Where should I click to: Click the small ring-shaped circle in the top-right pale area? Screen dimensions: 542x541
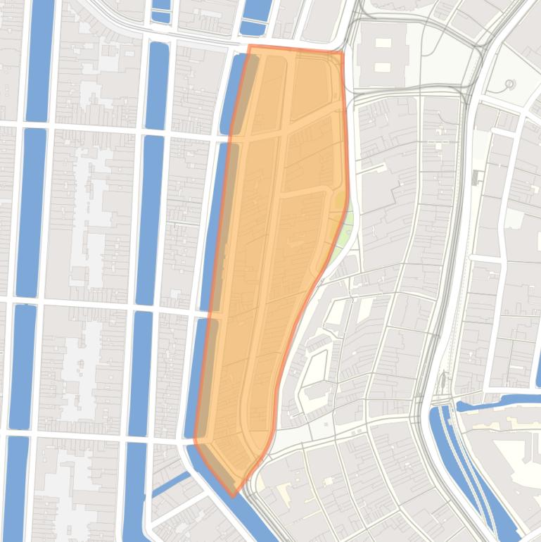pyautogui.click(x=510, y=84)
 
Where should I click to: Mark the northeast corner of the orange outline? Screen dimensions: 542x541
pyautogui.click(x=342, y=52)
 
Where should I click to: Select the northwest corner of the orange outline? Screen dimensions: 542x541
pyautogui.click(x=249, y=46)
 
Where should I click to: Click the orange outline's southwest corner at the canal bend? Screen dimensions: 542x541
pyautogui.click(x=195, y=441)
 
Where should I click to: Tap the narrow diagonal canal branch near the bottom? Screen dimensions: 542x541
pyautogui.click(x=169, y=486)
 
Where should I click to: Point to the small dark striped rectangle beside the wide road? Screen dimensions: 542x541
pyautogui.click(x=478, y=175)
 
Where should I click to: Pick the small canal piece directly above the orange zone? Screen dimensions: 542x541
pyautogui.click(x=254, y=27)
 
